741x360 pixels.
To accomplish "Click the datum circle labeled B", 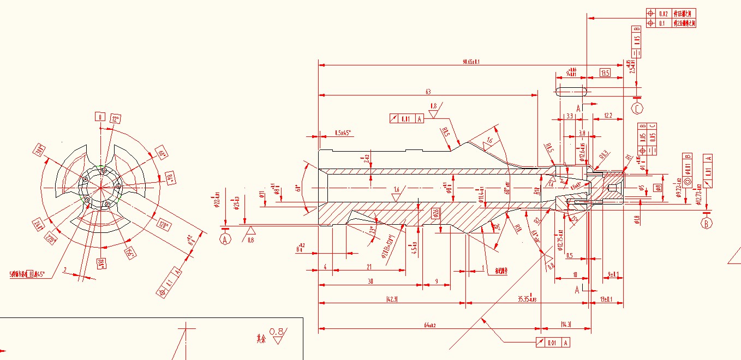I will click(707, 223).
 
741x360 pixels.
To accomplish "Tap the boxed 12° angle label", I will click(115, 119).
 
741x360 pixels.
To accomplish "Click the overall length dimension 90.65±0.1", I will click(470, 62).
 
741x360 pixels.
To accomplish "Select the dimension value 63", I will click(428, 92).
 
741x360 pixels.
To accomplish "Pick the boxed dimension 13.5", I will click(605, 73).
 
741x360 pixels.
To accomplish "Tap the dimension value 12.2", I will click(607, 116).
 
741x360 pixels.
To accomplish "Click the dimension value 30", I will click(370, 281).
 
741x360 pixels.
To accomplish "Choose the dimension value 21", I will click(369, 267).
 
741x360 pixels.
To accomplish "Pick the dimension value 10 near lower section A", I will click(574, 274).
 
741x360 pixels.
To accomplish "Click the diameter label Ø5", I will click(642, 188).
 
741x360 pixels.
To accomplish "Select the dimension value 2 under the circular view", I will click(64, 269).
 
